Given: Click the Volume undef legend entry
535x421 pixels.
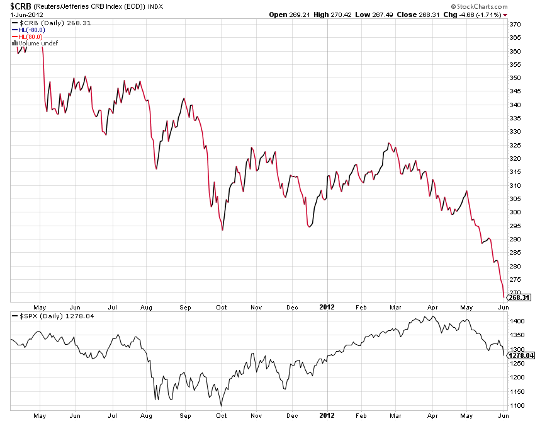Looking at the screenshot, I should tap(33, 43).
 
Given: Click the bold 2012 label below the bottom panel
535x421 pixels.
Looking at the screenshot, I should tap(327, 416).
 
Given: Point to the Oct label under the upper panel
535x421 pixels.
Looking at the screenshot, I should tap(222, 307).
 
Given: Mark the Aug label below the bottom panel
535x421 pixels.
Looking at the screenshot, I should tap(147, 416).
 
